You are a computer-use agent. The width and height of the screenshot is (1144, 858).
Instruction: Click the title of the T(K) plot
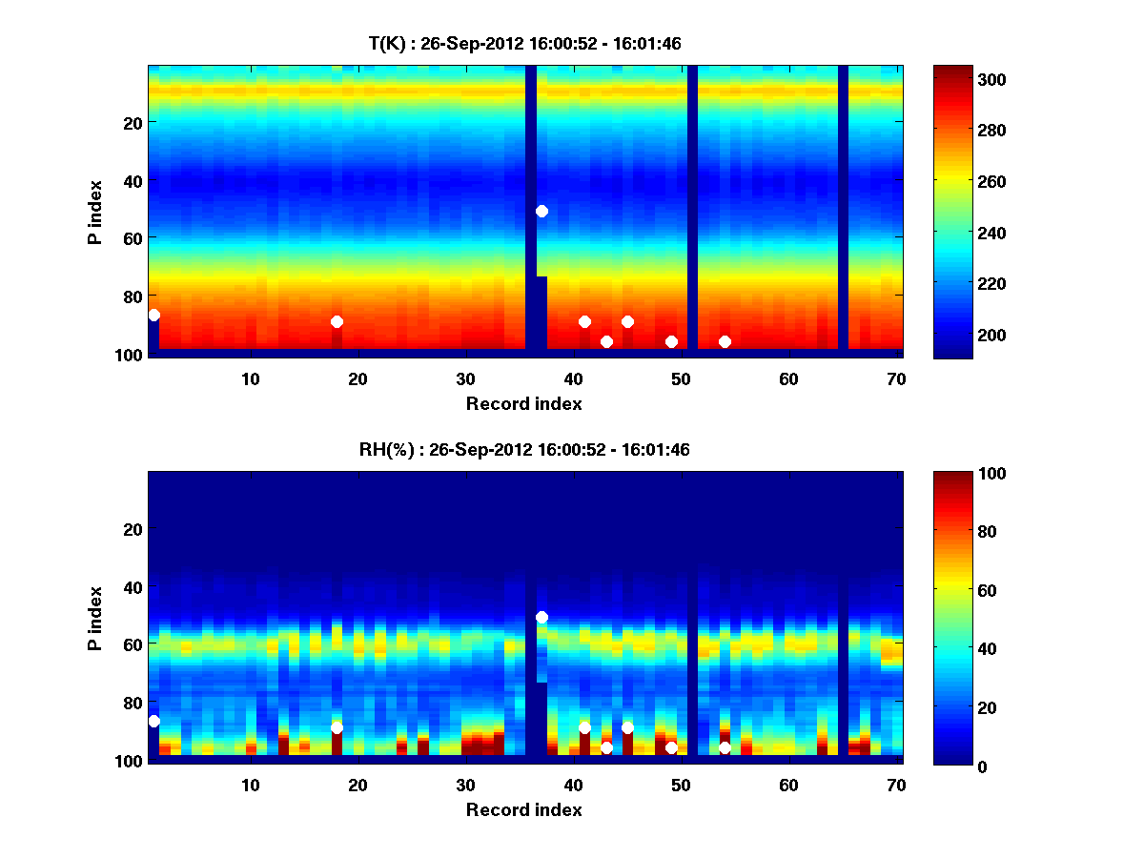524,43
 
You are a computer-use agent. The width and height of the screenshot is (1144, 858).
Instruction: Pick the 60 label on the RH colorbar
955,590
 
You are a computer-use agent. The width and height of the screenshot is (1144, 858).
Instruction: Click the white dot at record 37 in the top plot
541,211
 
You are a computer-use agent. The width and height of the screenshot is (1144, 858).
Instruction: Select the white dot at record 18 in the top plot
337,321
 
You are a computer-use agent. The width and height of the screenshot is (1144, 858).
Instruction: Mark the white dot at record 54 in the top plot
725,341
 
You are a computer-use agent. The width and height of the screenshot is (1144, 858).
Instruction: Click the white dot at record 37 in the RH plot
541,617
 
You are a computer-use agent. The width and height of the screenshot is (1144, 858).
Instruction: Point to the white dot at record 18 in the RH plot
337,727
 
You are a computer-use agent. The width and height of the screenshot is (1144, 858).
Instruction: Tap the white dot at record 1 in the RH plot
153,721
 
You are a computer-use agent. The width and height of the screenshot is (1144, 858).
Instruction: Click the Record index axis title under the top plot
524,403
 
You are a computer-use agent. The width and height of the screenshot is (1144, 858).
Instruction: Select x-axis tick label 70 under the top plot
897,378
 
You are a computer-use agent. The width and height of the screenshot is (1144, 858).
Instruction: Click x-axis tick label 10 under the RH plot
251,785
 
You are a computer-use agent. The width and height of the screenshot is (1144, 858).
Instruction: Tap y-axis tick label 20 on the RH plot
132,528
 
